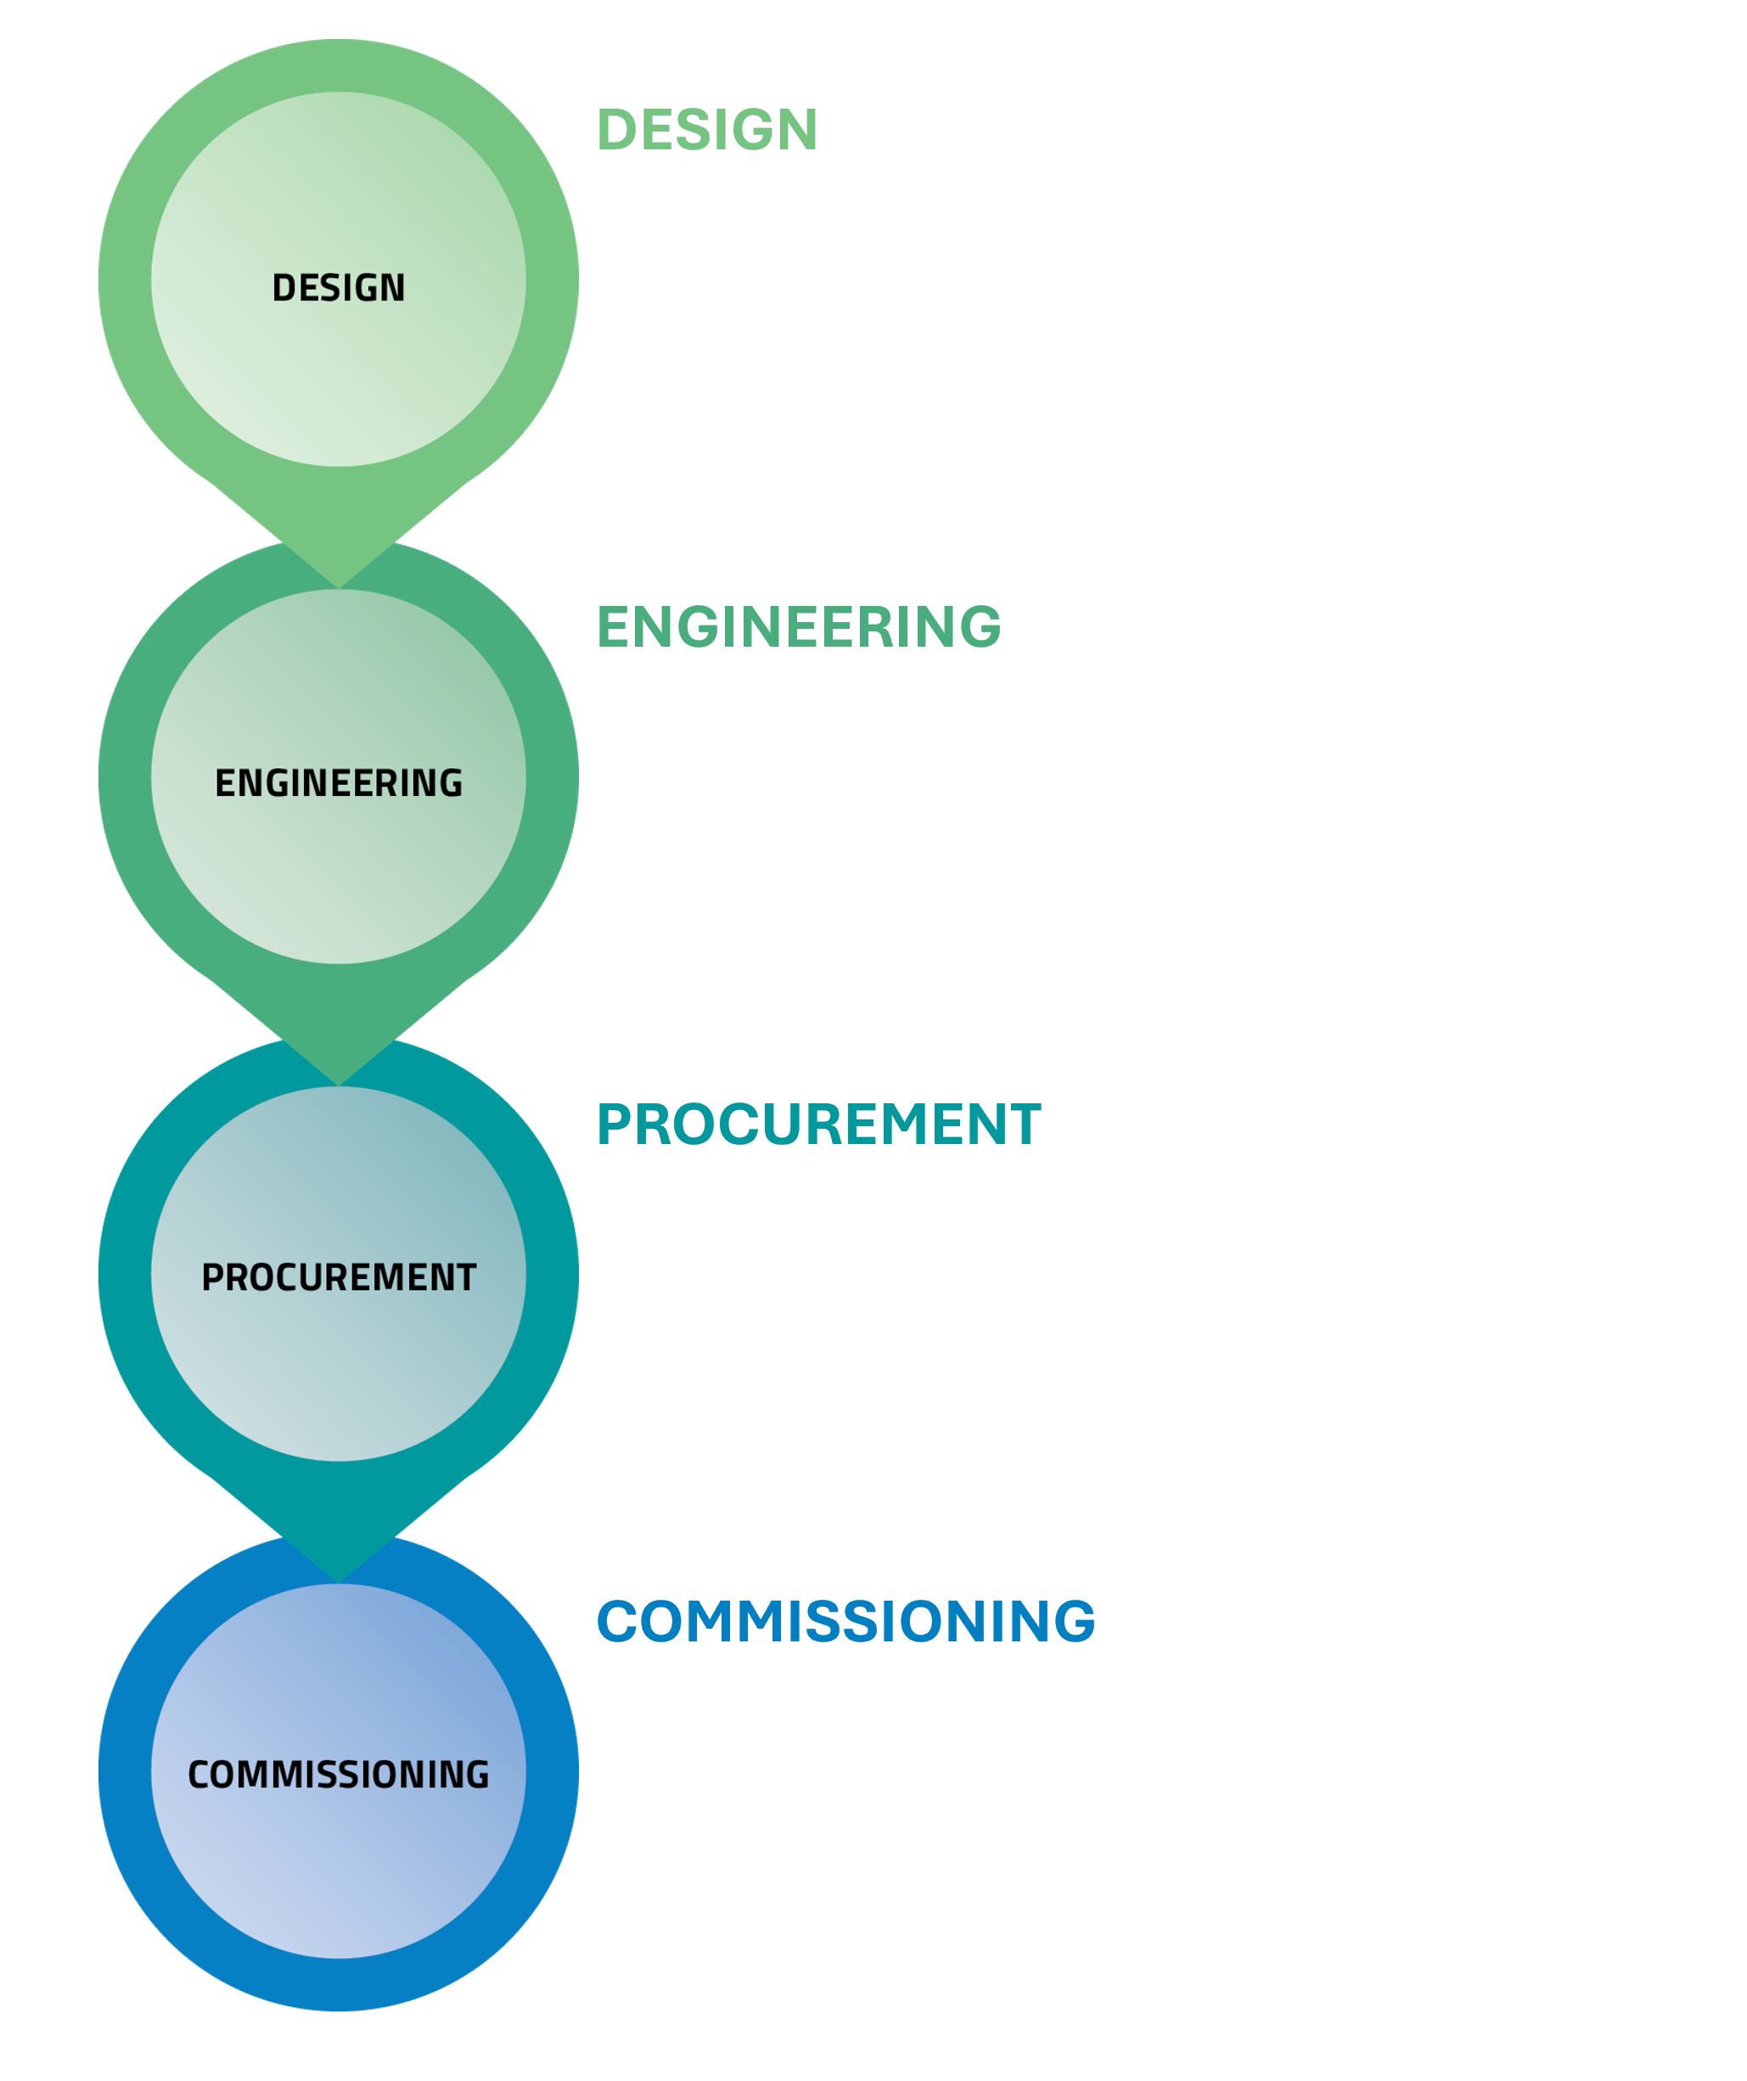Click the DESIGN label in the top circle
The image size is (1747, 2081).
338,289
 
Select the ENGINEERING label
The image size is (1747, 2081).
338,782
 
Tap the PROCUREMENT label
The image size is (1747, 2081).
338,1277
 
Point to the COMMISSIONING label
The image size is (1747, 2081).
338,1774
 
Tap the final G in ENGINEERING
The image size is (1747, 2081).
451,782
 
